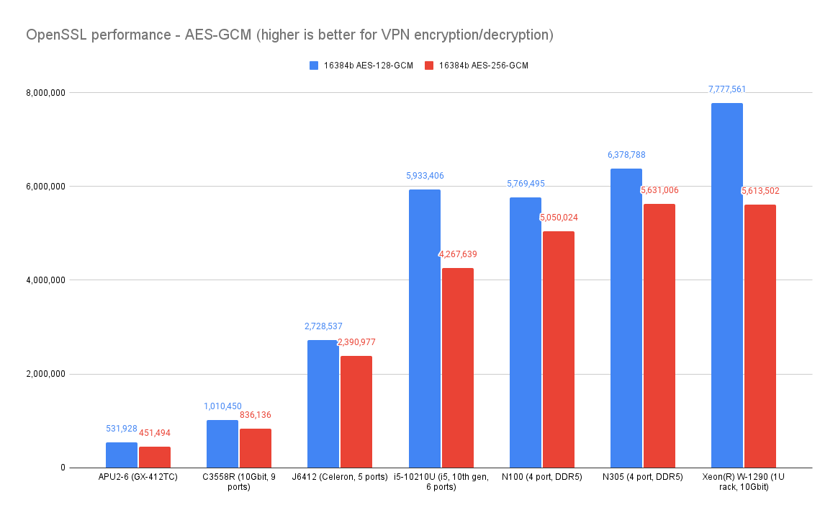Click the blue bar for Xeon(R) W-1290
click(727, 285)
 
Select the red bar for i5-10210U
click(457, 367)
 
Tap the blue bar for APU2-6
click(122, 455)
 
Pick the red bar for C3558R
click(256, 448)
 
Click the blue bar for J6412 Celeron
click(323, 403)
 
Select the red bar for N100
click(559, 349)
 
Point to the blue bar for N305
click(626, 318)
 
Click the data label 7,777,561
click(727, 89)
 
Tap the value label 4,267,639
click(458, 254)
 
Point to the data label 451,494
click(155, 433)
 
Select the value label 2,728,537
click(323, 326)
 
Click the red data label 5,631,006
click(659, 190)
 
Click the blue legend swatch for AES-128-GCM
click(314, 66)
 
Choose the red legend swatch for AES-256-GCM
click(429, 66)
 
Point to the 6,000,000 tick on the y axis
click(45, 187)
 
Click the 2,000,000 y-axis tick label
click(45, 374)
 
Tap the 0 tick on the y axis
click(63, 468)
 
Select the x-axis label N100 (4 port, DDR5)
click(542, 477)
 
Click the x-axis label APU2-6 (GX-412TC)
click(138, 477)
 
